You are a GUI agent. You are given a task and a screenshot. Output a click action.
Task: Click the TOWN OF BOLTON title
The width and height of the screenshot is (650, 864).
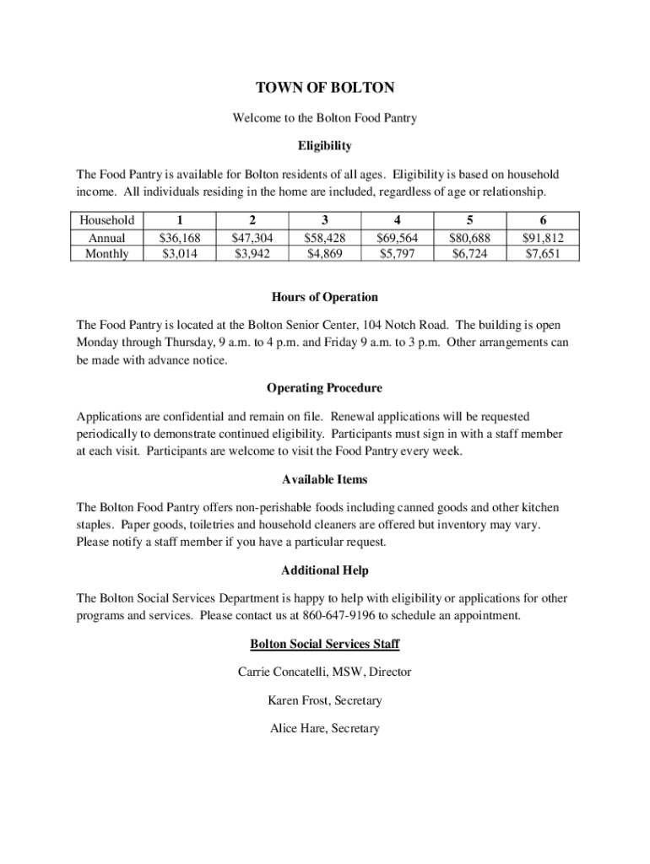(x=324, y=88)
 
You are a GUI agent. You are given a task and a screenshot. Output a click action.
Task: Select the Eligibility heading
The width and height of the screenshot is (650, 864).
(x=324, y=146)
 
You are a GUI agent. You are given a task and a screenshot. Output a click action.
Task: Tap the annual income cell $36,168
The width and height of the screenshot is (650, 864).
(x=180, y=238)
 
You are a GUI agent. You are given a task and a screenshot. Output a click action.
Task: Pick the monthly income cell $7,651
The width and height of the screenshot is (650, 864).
(x=542, y=253)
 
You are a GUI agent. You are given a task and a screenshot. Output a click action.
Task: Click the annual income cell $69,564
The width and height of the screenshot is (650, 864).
(x=398, y=238)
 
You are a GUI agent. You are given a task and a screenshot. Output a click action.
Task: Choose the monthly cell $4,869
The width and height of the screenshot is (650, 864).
(x=325, y=253)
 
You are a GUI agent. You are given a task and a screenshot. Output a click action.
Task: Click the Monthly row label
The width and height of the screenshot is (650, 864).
(x=107, y=253)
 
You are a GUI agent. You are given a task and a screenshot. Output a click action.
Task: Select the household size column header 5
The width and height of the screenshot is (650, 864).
(x=469, y=220)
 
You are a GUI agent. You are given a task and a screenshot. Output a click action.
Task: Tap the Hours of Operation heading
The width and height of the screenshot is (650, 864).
(x=324, y=297)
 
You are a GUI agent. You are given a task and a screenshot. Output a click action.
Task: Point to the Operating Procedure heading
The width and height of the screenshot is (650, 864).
(x=324, y=388)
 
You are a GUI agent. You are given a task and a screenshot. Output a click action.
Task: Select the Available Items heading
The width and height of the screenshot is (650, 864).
(x=324, y=479)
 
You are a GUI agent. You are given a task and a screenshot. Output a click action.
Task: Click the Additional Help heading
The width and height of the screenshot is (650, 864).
(x=324, y=570)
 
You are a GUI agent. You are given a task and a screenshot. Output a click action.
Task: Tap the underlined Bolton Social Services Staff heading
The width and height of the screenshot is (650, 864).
(x=324, y=645)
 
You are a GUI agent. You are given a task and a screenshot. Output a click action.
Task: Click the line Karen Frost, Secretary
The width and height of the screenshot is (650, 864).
(x=324, y=700)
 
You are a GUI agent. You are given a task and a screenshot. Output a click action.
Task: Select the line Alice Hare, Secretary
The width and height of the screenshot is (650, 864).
(x=324, y=728)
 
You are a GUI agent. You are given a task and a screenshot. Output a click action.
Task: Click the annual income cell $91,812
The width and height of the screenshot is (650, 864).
(x=542, y=238)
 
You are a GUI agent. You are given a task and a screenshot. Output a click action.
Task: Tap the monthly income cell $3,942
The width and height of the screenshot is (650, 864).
(x=252, y=253)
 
